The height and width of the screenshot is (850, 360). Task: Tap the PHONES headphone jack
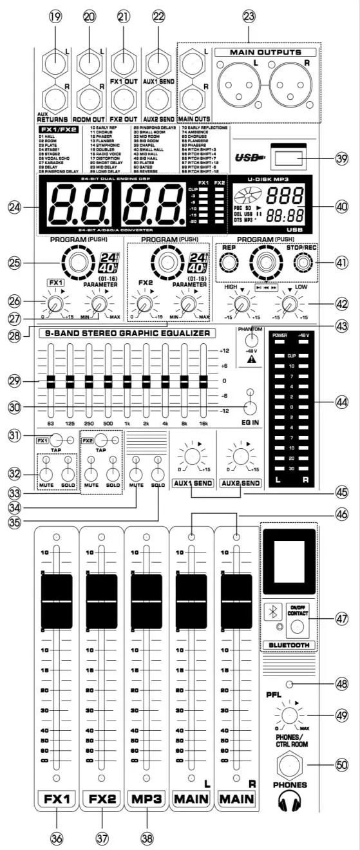click(288, 763)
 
